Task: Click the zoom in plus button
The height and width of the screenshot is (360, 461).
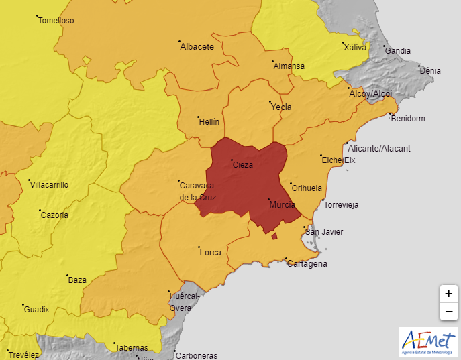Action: tap(448, 294)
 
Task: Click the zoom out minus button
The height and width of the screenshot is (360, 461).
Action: tap(448, 312)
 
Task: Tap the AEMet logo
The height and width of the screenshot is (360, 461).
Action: tap(427, 342)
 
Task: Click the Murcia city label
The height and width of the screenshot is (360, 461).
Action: tap(282, 205)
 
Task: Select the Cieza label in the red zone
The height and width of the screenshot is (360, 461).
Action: tap(242, 165)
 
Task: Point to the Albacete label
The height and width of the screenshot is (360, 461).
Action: tap(197, 47)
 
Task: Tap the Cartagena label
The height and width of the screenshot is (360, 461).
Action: tap(307, 264)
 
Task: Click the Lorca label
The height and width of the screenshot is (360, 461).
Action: tap(211, 253)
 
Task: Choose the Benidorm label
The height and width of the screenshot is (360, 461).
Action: tap(408, 119)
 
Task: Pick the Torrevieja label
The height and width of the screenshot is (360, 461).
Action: tap(342, 204)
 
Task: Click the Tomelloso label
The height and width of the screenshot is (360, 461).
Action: tap(56, 21)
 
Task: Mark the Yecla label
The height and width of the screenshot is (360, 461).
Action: tap(280, 107)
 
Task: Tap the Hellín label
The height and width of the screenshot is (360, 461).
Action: tap(209, 121)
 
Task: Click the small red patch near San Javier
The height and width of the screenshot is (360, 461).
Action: tap(274, 235)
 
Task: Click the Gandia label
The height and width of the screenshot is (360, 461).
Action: tap(398, 50)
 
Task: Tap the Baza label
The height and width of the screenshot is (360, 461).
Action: tap(77, 280)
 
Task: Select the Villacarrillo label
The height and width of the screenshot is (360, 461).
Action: tap(49, 185)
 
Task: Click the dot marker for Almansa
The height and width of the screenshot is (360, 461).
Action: tap(273, 62)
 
